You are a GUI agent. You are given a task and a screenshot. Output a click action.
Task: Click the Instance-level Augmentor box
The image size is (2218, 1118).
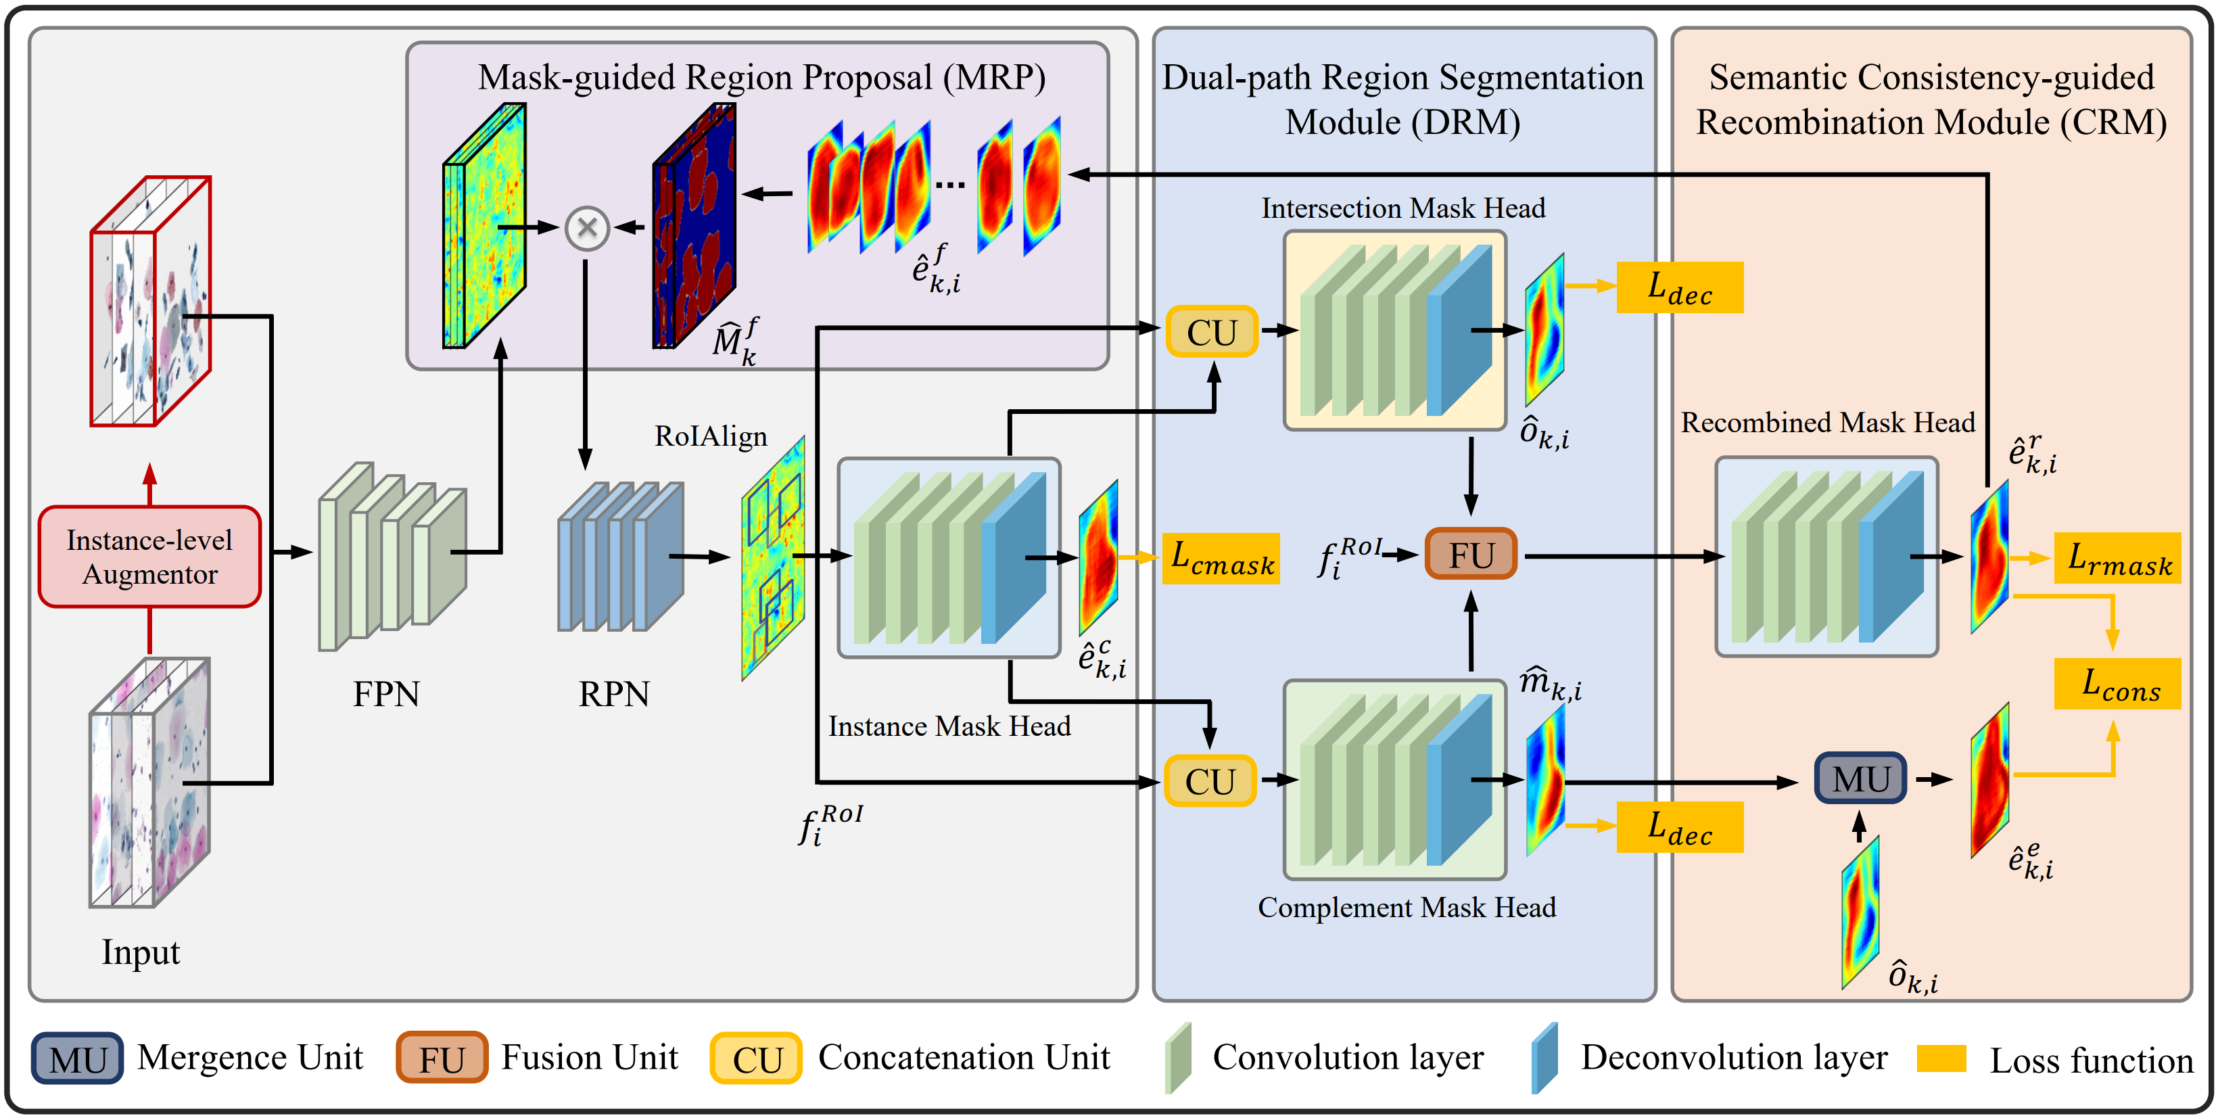(150, 557)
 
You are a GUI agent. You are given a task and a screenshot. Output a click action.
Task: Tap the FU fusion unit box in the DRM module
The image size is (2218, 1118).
(1471, 555)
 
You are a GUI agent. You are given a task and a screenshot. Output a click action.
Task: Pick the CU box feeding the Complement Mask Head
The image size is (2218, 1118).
(1210, 781)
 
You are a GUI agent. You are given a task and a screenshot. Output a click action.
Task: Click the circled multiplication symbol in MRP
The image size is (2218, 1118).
(587, 228)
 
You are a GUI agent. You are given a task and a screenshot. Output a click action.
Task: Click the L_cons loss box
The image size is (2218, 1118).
(2117, 684)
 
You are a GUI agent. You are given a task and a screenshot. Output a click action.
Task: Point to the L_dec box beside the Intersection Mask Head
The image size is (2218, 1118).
(1679, 289)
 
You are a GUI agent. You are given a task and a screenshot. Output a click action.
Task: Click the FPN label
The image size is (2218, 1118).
(385, 694)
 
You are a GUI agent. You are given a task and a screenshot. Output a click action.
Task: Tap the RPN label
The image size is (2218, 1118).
(614, 694)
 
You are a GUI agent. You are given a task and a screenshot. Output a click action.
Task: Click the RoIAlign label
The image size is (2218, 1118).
(710, 437)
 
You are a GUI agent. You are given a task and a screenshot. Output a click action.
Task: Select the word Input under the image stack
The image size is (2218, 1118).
(141, 952)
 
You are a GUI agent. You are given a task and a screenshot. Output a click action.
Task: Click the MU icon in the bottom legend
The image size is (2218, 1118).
(78, 1058)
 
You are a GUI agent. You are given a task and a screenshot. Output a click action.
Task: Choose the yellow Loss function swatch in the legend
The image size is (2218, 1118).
(1941, 1058)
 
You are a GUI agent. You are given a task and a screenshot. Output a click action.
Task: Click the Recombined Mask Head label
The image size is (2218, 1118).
(1827, 423)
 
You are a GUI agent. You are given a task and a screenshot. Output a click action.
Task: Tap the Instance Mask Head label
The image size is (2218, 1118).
(949, 726)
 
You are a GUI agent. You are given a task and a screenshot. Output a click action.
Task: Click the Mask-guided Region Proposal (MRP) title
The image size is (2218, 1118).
(761, 78)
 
